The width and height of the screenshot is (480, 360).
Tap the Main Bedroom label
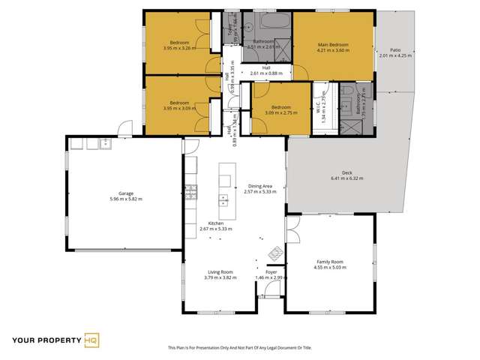pyautogui.click(x=333, y=45)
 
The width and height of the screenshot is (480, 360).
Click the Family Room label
pyautogui.click(x=328, y=261)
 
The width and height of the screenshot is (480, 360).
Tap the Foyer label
pyautogui.click(x=271, y=271)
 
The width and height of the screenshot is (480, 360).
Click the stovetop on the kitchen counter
pyautogui.click(x=190, y=191)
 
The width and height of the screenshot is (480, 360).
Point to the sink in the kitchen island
pyautogui.click(x=223, y=199)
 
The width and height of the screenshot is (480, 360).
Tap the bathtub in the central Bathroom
pyautogui.click(x=268, y=22)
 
